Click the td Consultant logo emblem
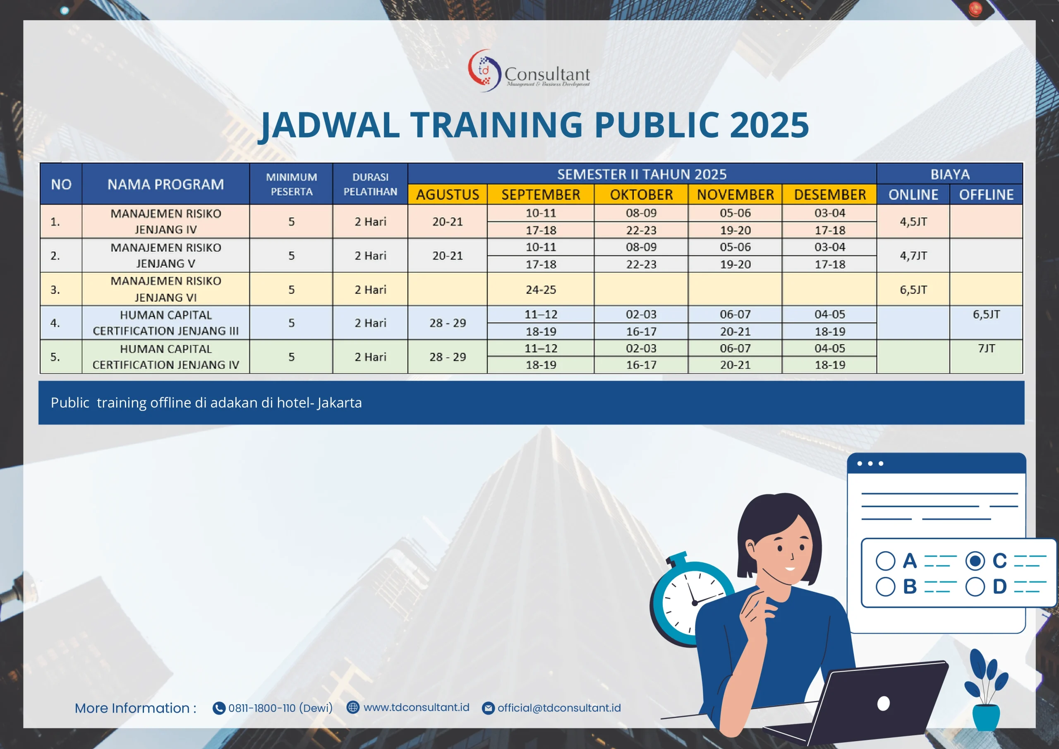click(484, 71)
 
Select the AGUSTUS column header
click(448, 195)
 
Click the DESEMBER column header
click(830, 195)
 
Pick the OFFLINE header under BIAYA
click(986, 195)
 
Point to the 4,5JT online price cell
click(913, 221)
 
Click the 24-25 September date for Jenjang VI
click(541, 290)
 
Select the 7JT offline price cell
click(986, 348)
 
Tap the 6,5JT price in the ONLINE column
click(913, 290)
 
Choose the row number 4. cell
click(55, 323)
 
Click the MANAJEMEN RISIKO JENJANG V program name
click(166, 255)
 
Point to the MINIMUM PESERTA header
click(292, 184)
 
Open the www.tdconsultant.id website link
click(417, 708)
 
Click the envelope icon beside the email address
click(488, 708)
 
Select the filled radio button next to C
click(975, 561)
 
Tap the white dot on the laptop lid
click(883, 703)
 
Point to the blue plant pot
click(986, 717)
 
